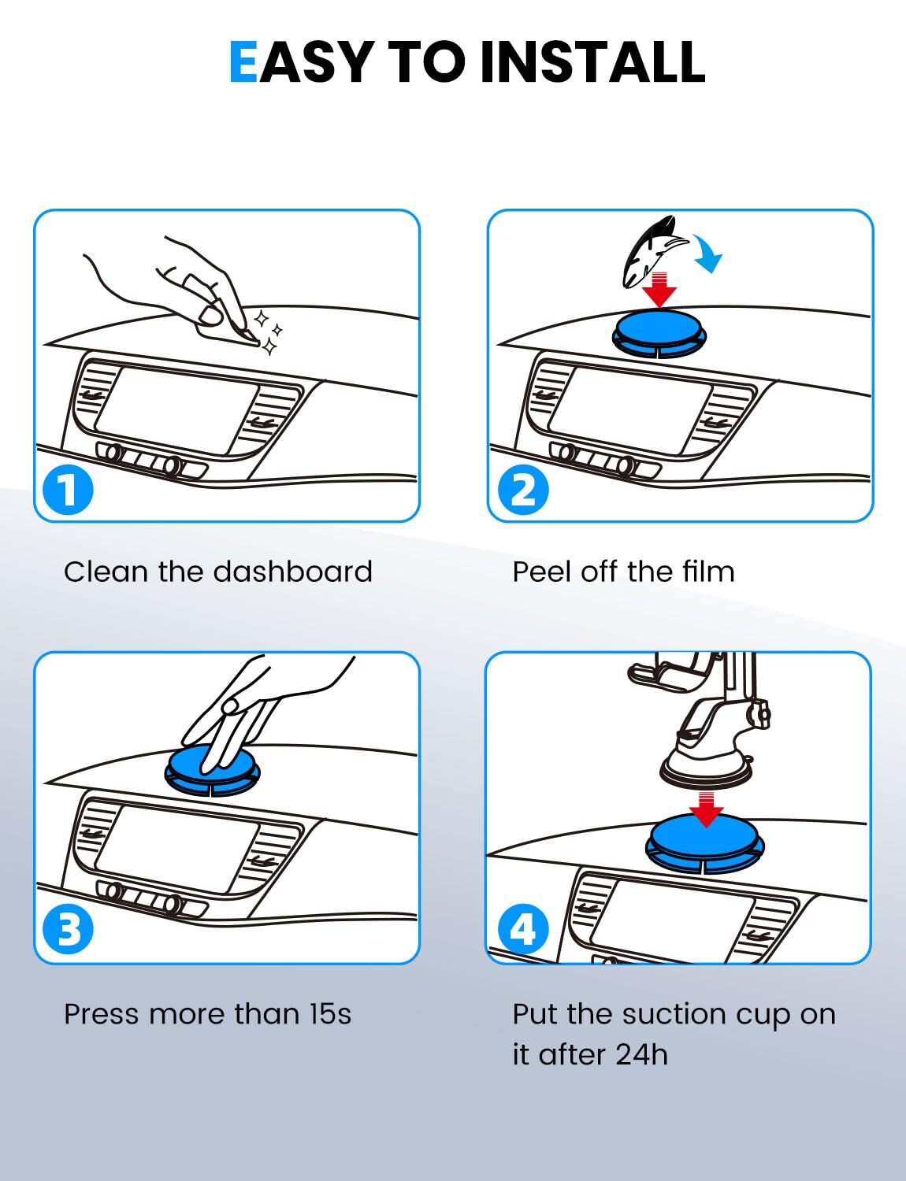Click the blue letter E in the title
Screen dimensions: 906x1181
(243, 61)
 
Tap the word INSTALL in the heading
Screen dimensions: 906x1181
(593, 61)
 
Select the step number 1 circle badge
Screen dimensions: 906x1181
(68, 490)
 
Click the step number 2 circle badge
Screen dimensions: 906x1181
(522, 490)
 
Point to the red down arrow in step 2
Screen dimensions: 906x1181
(659, 289)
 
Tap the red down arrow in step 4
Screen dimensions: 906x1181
(706, 809)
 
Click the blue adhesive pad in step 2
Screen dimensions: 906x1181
(659, 332)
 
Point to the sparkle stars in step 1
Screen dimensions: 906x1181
(269, 332)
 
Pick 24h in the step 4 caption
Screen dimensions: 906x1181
(642, 1055)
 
